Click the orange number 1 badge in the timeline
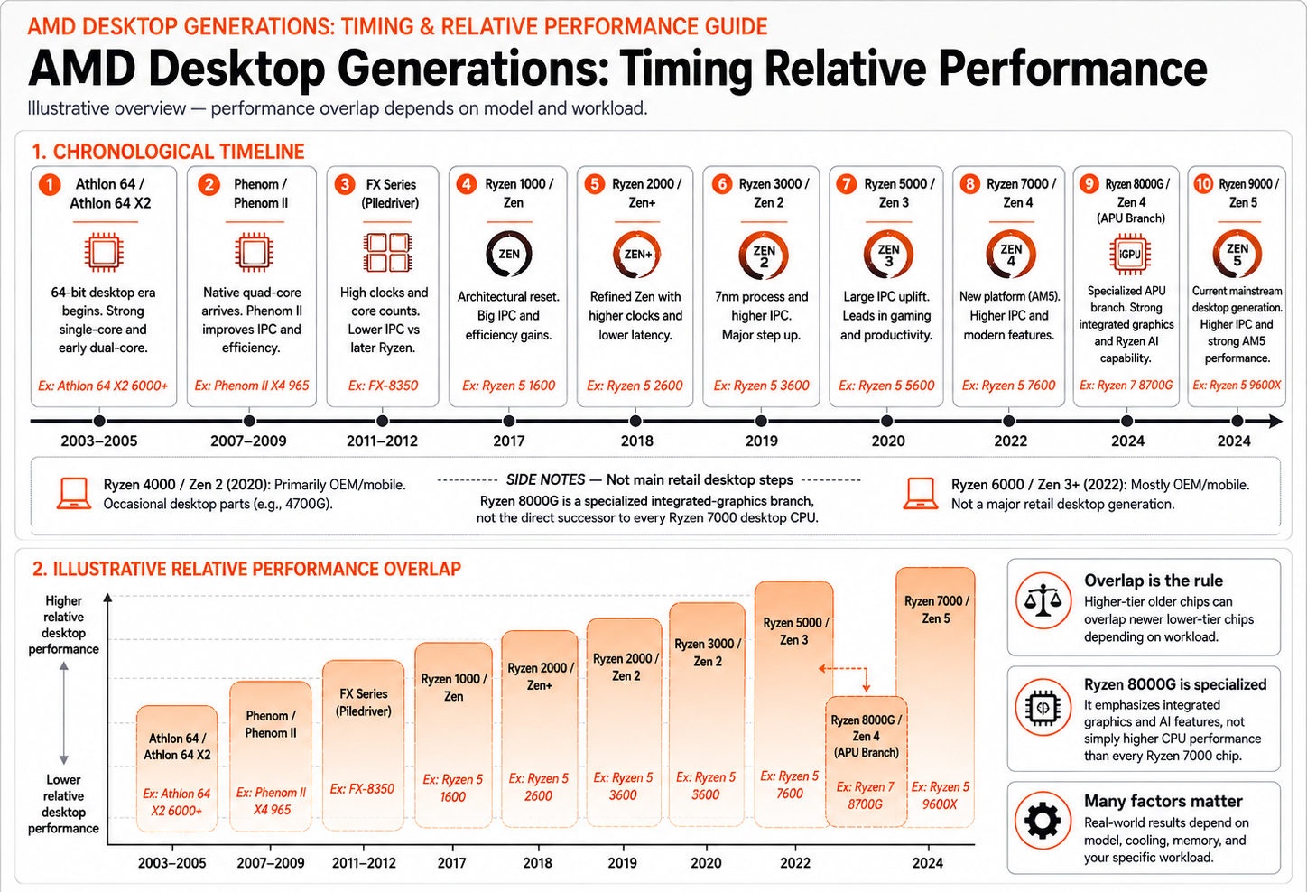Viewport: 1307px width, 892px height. click(50, 185)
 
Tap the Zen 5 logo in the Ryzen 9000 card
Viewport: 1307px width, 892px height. click(1237, 255)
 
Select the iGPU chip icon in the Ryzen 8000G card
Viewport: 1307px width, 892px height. click(1129, 254)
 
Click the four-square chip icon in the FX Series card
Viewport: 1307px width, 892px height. click(387, 253)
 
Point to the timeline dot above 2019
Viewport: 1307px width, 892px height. click(761, 421)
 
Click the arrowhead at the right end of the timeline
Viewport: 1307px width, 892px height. click(1277, 421)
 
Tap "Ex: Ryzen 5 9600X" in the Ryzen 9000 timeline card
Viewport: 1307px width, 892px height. click(1237, 386)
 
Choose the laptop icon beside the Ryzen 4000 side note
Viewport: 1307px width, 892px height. click(74, 493)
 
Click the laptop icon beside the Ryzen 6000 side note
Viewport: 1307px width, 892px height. click(921, 493)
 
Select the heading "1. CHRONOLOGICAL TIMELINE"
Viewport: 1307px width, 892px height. click(169, 152)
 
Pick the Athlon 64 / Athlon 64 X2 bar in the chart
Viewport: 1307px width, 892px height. click(177, 767)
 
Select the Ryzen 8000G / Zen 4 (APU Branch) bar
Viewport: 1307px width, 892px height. click(866, 761)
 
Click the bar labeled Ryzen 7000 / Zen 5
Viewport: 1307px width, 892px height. click(935, 697)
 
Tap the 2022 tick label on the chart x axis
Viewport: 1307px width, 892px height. click(795, 863)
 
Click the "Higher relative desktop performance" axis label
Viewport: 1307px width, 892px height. click(63, 625)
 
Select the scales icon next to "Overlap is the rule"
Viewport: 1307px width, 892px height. click(1043, 600)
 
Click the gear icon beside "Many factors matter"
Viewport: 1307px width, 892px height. click(1043, 820)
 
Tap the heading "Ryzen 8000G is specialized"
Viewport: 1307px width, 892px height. click(1175, 684)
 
